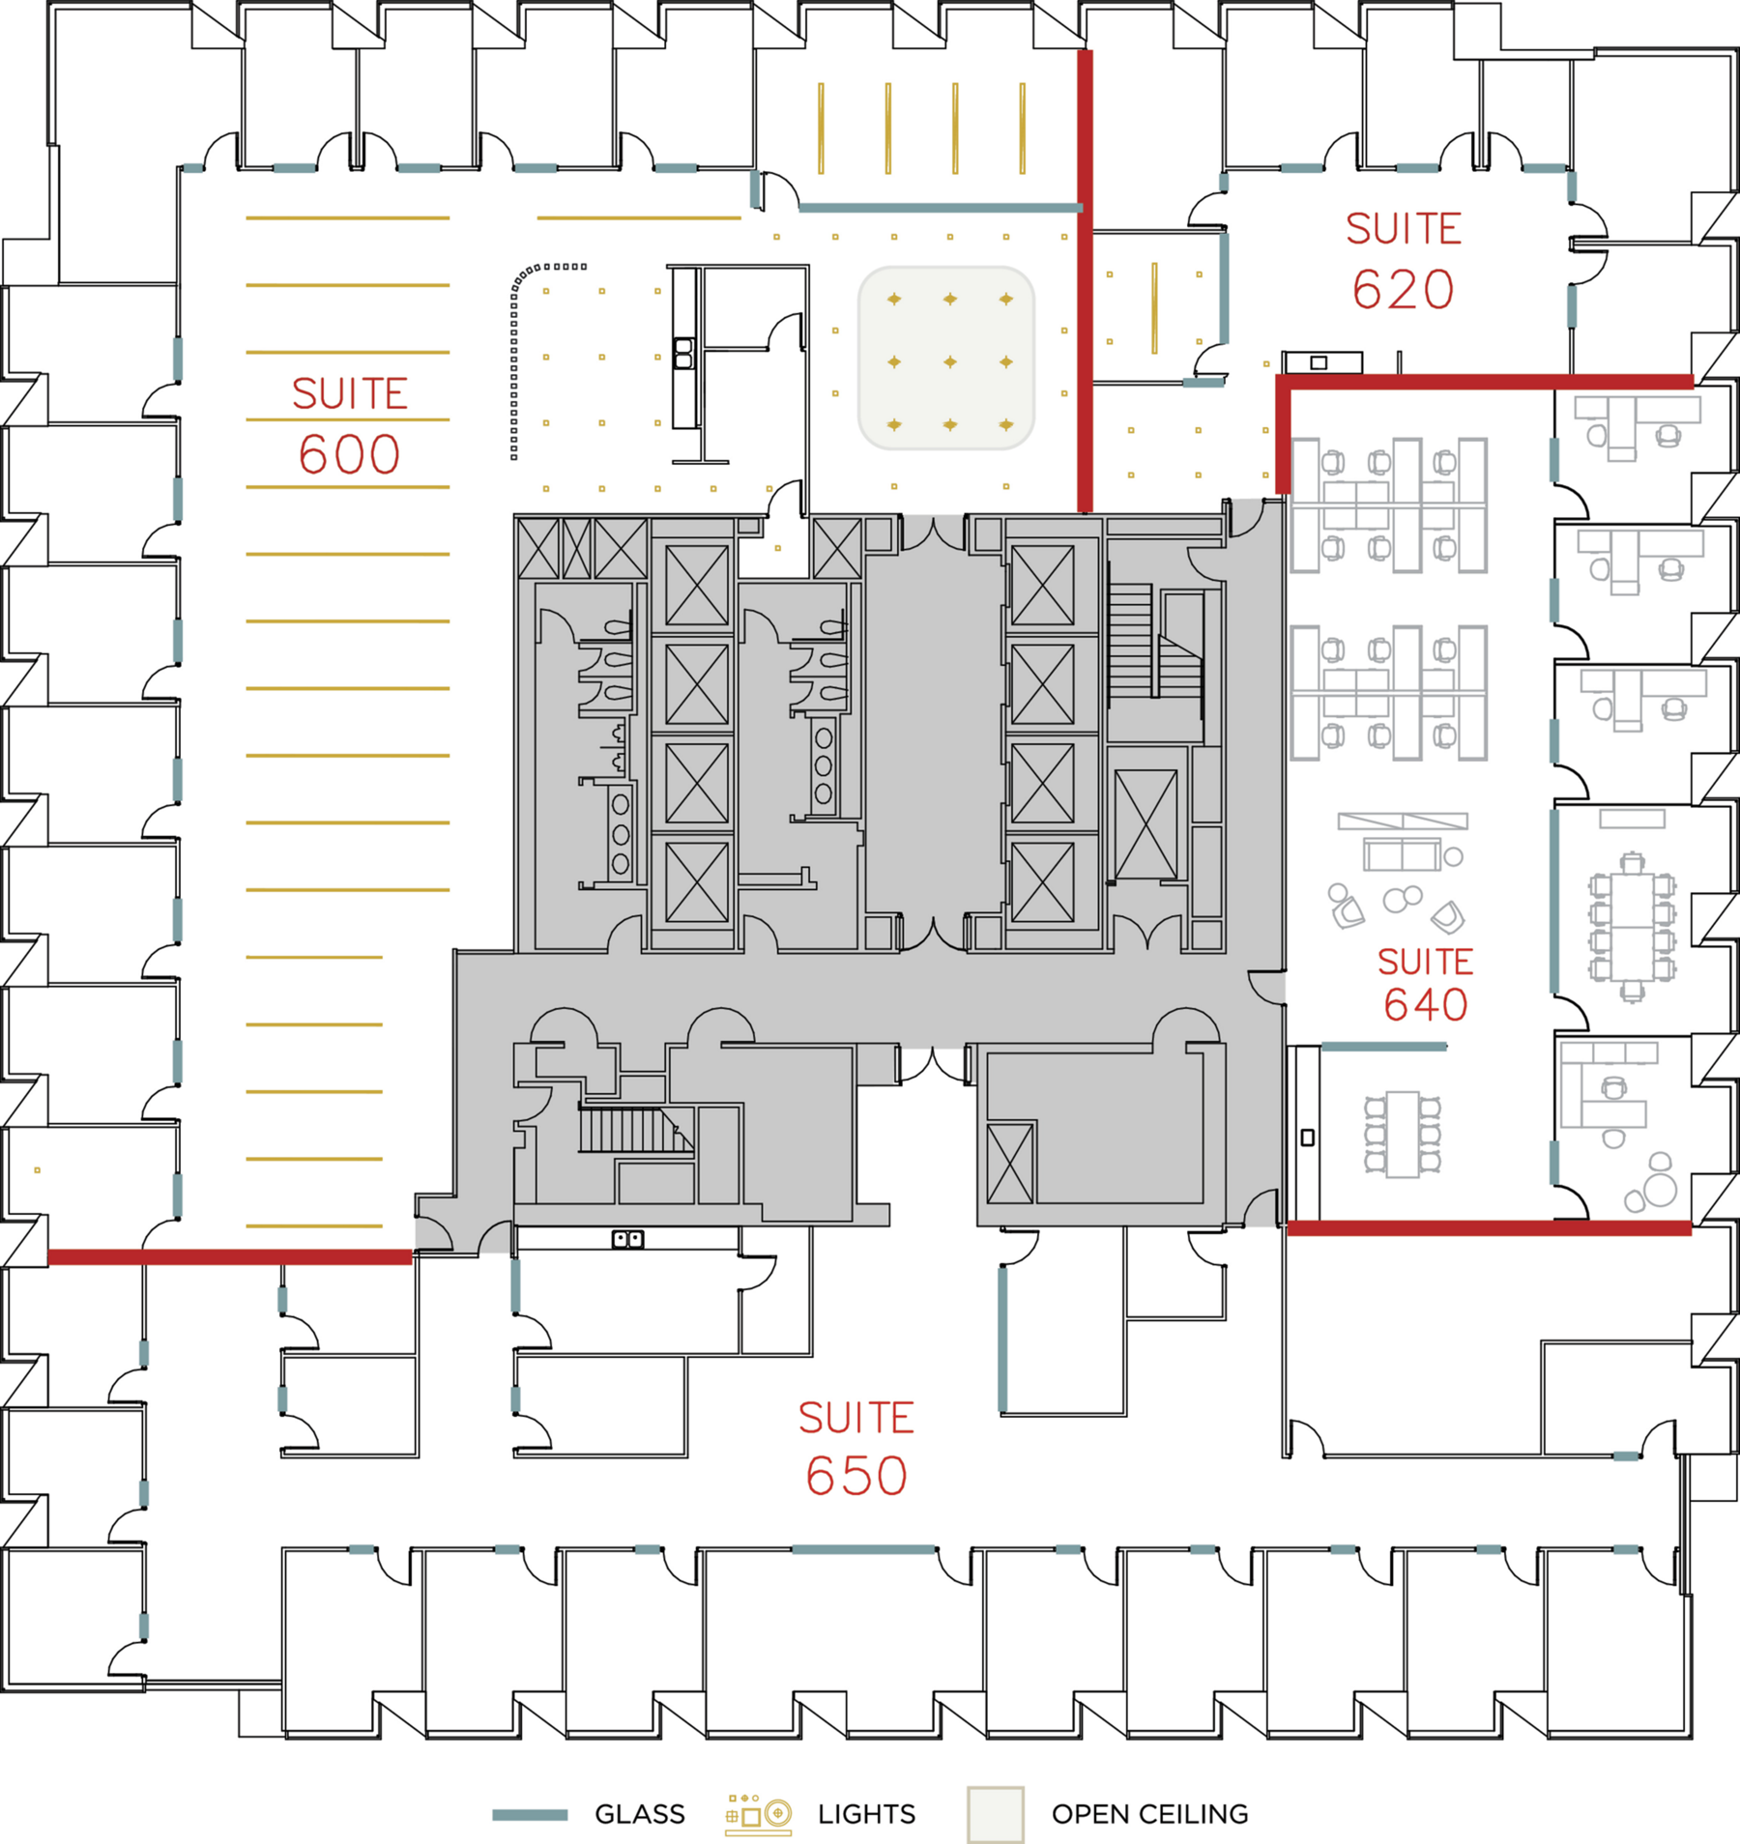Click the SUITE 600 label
click(x=349, y=425)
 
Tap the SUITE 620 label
click(x=1403, y=261)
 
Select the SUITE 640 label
click(x=1426, y=983)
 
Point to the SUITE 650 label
click(x=856, y=1448)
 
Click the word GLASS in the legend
click(x=640, y=1814)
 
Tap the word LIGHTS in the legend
click(x=866, y=1814)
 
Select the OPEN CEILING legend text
click(x=1150, y=1814)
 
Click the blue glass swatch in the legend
click(x=530, y=1815)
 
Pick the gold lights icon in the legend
click(x=759, y=1814)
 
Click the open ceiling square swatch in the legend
click(x=996, y=1814)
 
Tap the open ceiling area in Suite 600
click(x=946, y=359)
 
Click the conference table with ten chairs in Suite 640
click(x=1633, y=927)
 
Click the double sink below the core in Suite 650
click(x=628, y=1238)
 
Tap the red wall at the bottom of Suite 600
click(x=230, y=1256)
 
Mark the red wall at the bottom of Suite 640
click(x=1490, y=1228)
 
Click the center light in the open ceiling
click(x=950, y=361)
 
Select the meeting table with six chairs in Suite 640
click(x=1403, y=1134)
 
